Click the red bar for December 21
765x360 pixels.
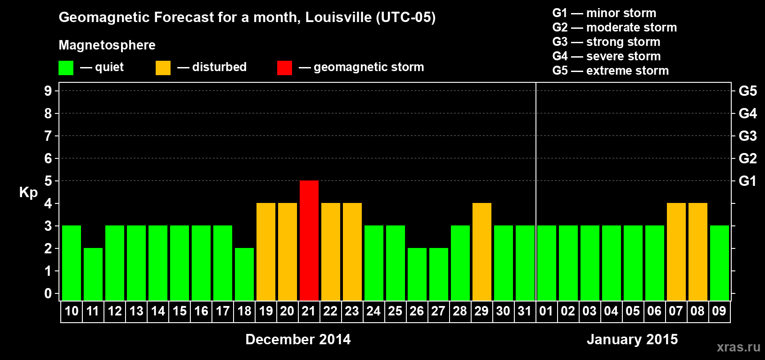[x=309, y=240]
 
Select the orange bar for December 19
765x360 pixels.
[x=266, y=252]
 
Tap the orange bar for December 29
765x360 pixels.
[x=482, y=252]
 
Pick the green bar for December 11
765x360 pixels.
[x=93, y=274]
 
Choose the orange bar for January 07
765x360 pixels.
[x=676, y=252]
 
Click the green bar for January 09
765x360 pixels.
[x=720, y=263]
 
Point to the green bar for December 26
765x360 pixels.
[x=417, y=274]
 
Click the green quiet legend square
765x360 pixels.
[x=66, y=68]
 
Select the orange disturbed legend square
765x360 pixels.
[x=163, y=68]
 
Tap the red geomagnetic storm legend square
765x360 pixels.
[x=285, y=68]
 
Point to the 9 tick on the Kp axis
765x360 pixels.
[x=48, y=91]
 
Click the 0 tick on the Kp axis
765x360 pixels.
[x=48, y=294]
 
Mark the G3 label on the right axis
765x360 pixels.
[x=747, y=136]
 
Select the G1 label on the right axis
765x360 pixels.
[x=747, y=181]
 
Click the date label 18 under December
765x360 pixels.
[x=244, y=311]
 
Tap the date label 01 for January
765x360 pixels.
[x=546, y=311]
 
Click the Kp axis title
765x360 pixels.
[x=28, y=192]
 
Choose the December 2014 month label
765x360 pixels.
[x=298, y=339]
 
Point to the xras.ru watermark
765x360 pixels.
[x=738, y=347]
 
